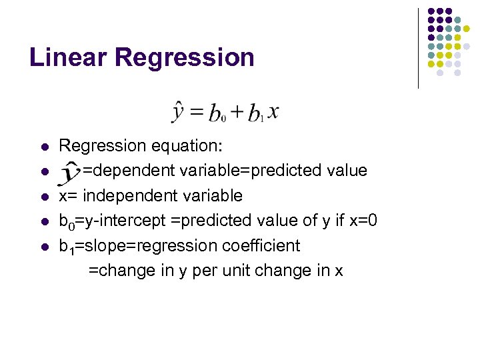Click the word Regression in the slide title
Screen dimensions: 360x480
tap(184, 57)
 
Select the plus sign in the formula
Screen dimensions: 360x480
tap(237, 113)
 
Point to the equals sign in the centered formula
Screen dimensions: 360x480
tap(197, 113)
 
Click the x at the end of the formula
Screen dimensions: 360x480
tap(273, 112)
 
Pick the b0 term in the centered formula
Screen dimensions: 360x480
tap(217, 114)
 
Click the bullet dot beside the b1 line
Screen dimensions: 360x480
tap(44, 246)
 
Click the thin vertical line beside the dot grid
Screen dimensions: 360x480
tap(418, 48)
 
